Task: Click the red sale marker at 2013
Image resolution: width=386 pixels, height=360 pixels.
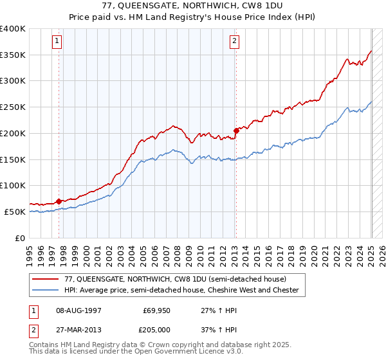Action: [236, 130]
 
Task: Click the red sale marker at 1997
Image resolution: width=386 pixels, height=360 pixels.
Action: [59, 201]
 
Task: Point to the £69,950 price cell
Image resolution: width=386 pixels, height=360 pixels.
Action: [156, 310]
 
